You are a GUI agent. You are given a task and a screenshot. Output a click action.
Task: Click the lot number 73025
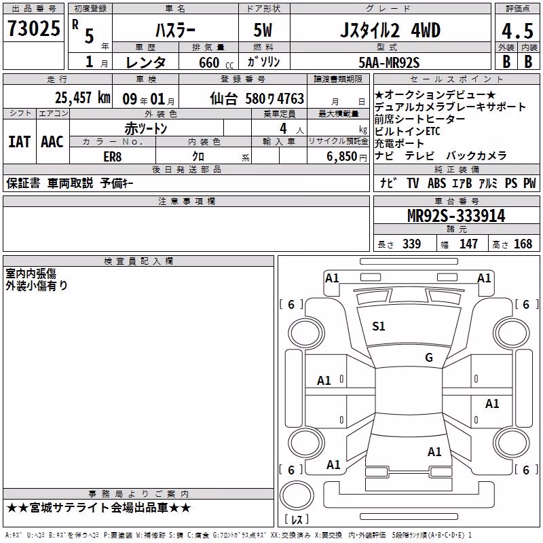(33, 29)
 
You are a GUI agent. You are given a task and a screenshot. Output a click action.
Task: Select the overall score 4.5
(517, 31)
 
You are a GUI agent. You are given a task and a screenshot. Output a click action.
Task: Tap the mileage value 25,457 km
(82, 98)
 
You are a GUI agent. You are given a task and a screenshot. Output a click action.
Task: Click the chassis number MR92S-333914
(456, 216)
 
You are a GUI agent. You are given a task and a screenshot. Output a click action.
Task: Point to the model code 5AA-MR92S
(389, 62)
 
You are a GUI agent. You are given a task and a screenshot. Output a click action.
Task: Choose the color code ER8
(113, 157)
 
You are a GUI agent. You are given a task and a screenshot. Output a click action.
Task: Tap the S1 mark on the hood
(378, 326)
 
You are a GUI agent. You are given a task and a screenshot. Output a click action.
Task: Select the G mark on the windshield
(429, 358)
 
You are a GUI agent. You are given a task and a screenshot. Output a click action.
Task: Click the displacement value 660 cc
(217, 63)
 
